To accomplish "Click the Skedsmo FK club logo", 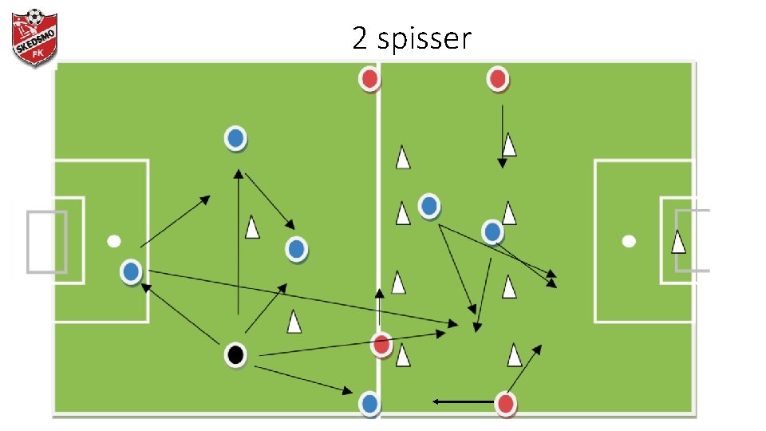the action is [x=34, y=37].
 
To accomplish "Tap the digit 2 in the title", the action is [x=360, y=37].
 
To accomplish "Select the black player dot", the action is [x=235, y=354].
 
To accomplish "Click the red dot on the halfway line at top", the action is [x=369, y=79].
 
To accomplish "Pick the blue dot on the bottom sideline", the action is [x=369, y=403].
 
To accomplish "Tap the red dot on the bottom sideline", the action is [x=505, y=404].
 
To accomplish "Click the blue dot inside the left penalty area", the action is [x=131, y=272].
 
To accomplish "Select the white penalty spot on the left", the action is [x=114, y=241].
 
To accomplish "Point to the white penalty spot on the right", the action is [x=629, y=240].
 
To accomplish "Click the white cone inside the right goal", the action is [x=678, y=241].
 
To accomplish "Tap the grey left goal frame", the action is [x=45, y=241].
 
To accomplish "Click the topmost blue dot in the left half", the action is [x=235, y=138].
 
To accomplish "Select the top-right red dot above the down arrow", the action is [x=497, y=79].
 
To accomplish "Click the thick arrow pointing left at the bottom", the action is [x=463, y=401].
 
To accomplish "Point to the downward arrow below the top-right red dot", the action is [x=501, y=136].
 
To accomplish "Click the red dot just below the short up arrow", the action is [x=381, y=345].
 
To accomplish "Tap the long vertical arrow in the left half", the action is [x=238, y=239].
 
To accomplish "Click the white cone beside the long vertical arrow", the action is [x=253, y=228].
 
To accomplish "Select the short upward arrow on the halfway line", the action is [x=380, y=307].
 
